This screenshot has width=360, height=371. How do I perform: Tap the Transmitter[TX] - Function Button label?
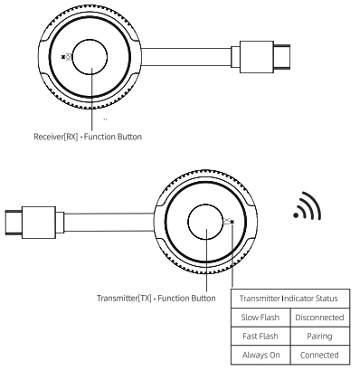[156, 296]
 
